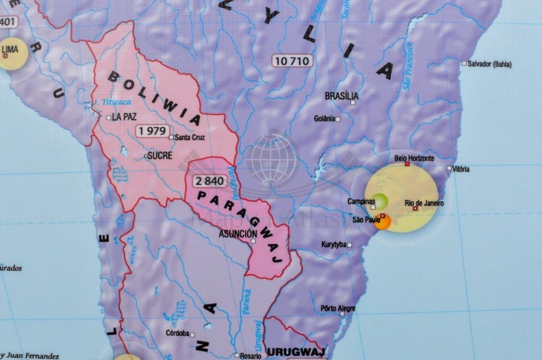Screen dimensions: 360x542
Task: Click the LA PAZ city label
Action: (x=125, y=116)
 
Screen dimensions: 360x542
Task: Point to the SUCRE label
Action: (x=162, y=155)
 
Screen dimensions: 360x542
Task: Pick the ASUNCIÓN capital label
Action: (x=237, y=233)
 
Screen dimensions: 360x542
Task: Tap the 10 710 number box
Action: (x=293, y=61)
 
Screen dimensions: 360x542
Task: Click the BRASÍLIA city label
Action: (x=341, y=96)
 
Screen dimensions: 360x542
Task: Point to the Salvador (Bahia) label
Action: (x=500, y=64)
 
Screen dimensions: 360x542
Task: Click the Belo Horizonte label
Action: (x=414, y=158)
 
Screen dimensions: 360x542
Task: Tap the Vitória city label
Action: (x=461, y=168)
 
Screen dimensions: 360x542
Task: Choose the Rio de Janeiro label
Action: (x=424, y=203)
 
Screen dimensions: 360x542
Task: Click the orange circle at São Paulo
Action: (x=382, y=221)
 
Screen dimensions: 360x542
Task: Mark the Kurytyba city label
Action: (x=335, y=244)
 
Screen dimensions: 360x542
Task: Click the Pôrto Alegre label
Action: (x=337, y=308)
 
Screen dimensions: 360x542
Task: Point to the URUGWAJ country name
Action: (x=288, y=351)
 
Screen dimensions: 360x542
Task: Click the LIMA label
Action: (x=11, y=50)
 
